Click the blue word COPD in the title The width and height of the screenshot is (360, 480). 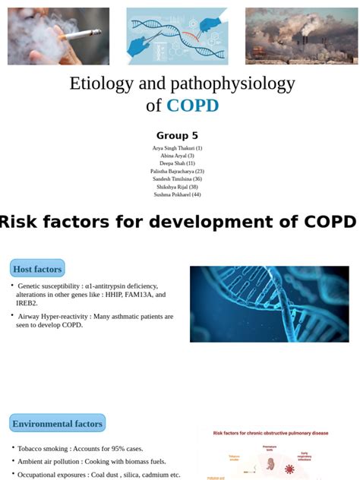point(192,106)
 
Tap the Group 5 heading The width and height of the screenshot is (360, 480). point(177,136)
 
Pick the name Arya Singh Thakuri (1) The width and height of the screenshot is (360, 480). point(177,148)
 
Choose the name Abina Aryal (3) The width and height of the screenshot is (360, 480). point(177,156)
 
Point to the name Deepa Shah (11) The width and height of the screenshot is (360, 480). point(177,163)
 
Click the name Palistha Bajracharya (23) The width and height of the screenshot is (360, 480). point(177,171)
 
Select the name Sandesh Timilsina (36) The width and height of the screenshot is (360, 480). point(177,178)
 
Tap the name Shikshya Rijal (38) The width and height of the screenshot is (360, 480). point(177,186)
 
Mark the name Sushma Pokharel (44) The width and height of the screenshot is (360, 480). point(177,194)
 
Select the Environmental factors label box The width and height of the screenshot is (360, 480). point(58,424)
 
